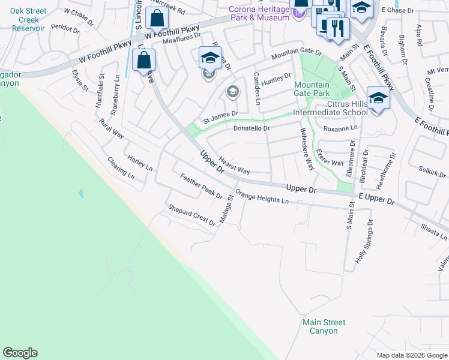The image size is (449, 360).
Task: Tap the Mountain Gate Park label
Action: (312, 89)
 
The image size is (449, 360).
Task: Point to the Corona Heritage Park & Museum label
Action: (259, 13)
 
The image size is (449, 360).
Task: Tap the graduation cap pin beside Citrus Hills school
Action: (378, 98)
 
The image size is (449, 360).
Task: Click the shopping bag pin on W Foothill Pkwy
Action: (157, 19)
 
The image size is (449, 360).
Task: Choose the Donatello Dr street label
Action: (251, 128)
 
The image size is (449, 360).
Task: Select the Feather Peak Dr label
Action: (201, 186)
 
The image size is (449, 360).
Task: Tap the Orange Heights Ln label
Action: (262, 197)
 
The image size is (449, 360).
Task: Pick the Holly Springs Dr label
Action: (364, 241)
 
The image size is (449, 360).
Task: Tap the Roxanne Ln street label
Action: (340, 128)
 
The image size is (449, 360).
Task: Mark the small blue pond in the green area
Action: (80, 194)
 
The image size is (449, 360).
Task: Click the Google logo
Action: (20, 353)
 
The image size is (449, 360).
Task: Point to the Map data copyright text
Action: (411, 355)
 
